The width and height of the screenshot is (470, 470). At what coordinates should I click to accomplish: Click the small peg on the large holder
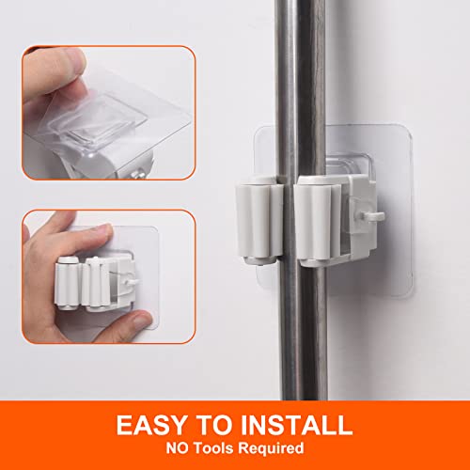point(377,217)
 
